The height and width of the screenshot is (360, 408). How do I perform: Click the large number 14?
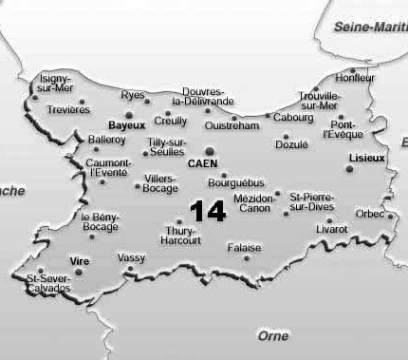208,211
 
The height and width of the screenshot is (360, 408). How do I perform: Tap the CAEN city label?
203,163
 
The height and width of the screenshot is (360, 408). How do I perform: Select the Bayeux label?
126,125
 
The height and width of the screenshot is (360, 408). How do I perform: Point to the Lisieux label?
366,157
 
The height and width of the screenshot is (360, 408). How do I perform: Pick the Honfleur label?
355,78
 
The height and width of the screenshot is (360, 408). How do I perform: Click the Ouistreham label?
231,125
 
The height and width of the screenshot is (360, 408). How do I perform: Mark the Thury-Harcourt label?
182,236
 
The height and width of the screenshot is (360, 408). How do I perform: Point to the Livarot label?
331,229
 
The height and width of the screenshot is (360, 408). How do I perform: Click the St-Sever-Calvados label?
48,283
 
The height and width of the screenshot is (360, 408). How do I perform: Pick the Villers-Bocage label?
160,183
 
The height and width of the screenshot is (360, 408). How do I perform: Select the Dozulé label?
291,144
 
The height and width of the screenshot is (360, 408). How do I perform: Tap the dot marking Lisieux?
349,169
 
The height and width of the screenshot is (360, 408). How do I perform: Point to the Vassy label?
131,257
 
